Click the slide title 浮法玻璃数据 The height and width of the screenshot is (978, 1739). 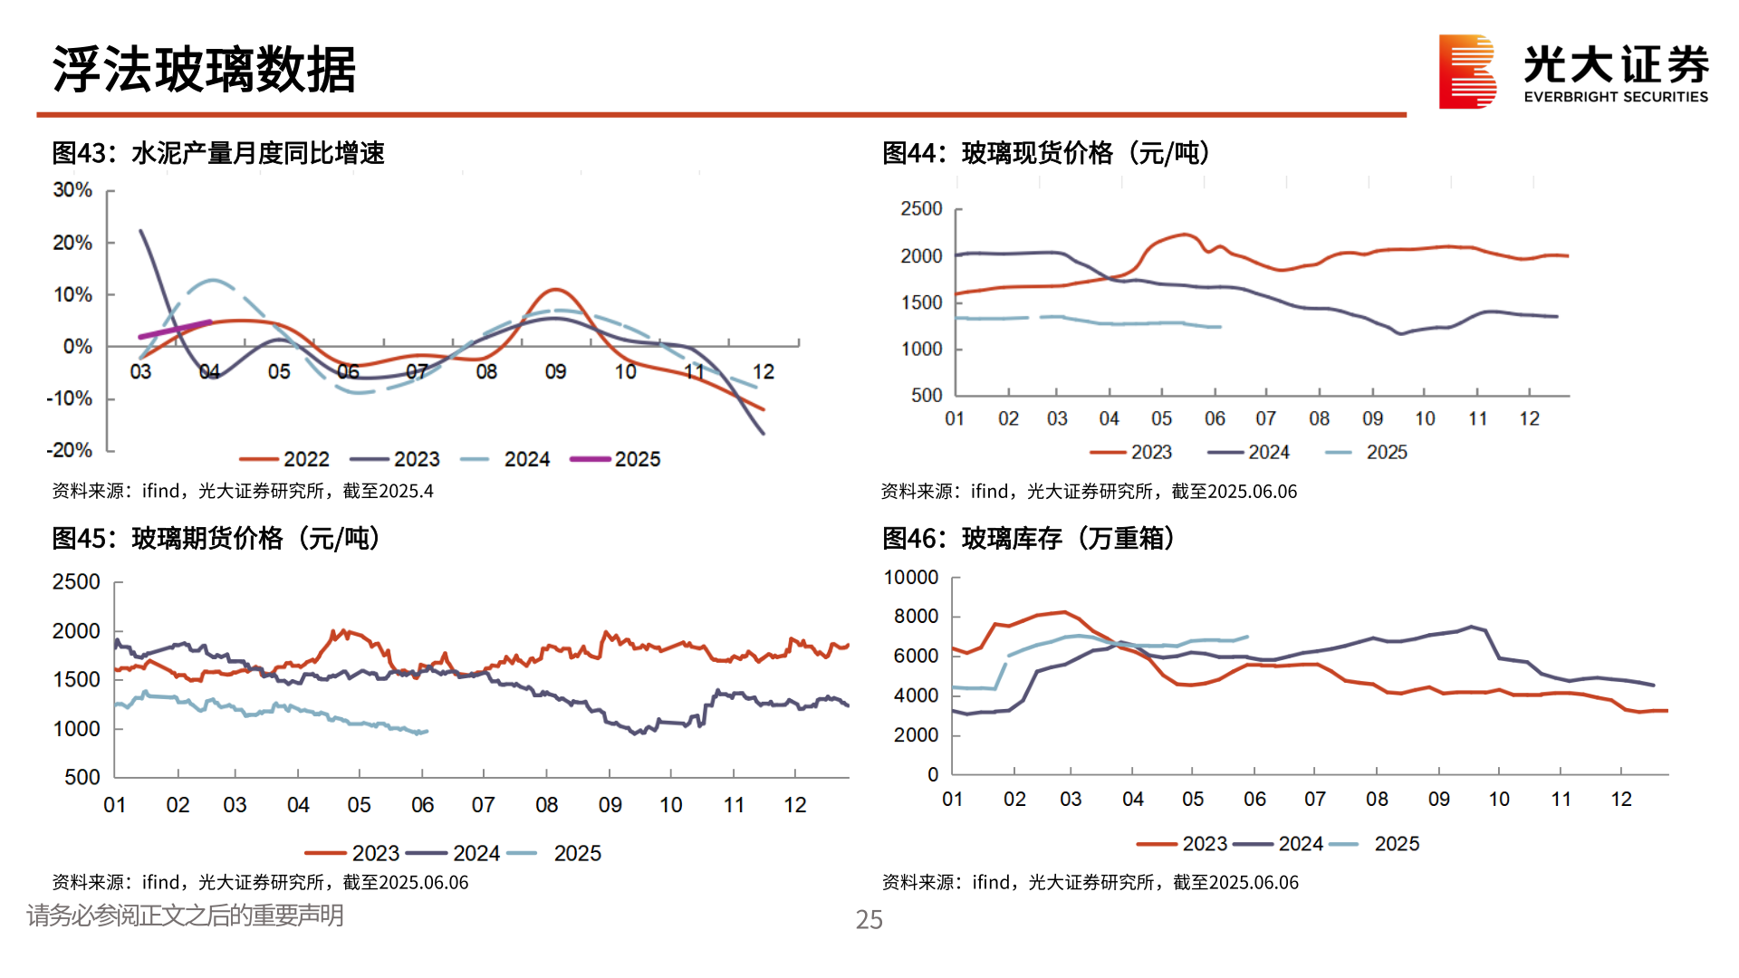(205, 70)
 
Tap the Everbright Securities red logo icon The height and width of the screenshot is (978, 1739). (1466, 72)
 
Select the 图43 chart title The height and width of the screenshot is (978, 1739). (218, 153)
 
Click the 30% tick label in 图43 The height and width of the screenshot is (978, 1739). (72, 190)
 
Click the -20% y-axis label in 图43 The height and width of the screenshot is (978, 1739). (70, 450)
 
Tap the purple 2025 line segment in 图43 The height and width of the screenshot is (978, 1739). (175, 329)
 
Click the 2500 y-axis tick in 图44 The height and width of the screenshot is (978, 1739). (921, 209)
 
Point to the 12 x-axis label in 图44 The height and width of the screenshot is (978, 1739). (1529, 418)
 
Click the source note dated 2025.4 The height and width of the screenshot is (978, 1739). (243, 491)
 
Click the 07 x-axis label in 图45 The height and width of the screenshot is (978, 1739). (483, 805)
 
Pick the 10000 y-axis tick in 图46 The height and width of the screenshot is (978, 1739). (910, 578)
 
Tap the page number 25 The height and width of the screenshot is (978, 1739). (869, 920)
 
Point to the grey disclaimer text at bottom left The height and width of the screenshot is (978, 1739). (185, 916)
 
